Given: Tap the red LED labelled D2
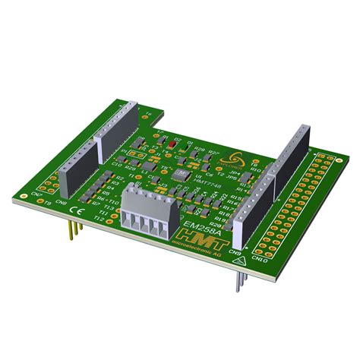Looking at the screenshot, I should tap(172, 142).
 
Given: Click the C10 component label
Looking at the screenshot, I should tap(117, 163).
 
